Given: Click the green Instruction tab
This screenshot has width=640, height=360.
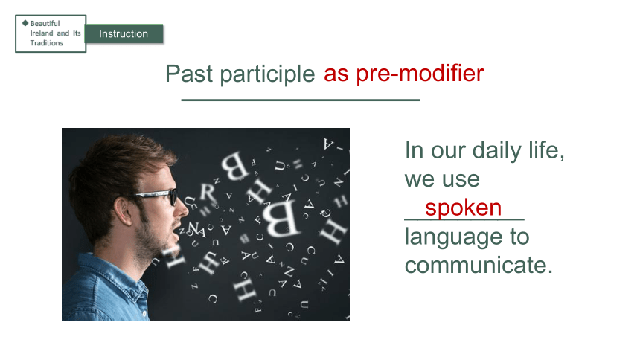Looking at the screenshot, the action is (x=124, y=33).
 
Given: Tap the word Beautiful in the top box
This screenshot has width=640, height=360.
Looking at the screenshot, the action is (x=45, y=23).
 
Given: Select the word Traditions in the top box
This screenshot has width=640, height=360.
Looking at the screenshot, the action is (x=47, y=43).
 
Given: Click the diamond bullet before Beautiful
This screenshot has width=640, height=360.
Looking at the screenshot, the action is (x=25, y=23).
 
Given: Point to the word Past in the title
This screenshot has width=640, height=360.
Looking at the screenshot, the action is (x=189, y=74).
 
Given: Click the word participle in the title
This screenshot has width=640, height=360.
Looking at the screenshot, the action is (x=267, y=74).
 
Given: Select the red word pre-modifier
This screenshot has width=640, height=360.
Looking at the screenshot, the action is (x=420, y=74).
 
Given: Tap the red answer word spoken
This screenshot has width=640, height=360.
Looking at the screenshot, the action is (x=464, y=208).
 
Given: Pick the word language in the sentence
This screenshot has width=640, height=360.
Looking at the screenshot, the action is (x=453, y=237).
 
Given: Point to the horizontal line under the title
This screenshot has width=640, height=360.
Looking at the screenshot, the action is (x=301, y=100).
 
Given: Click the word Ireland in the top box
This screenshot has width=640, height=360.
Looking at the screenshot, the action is (x=42, y=33).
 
